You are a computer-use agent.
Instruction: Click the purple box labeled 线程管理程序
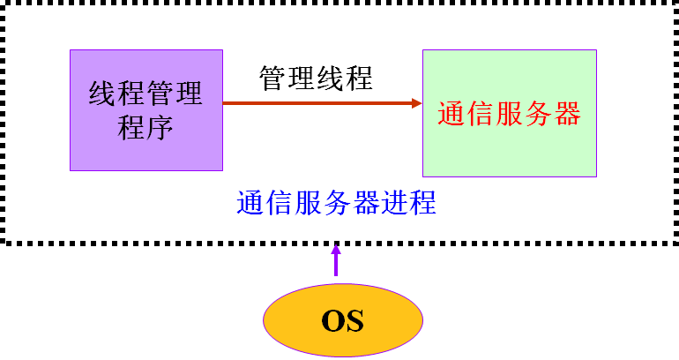(146, 110)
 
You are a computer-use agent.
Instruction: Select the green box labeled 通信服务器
(509, 113)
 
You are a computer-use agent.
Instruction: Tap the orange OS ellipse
(342, 319)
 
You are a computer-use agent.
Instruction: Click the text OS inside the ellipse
(342, 319)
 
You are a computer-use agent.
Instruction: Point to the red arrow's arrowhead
(417, 103)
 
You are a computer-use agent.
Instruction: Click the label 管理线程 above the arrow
(316, 79)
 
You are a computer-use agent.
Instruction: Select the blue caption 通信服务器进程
(337, 203)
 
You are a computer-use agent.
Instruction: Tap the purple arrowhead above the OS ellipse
(336, 251)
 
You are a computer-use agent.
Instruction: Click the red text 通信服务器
(509, 114)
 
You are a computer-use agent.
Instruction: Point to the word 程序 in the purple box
(146, 129)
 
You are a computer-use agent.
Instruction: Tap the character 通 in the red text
(451, 114)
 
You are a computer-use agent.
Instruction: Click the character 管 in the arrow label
(273, 79)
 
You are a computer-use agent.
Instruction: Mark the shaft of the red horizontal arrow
(317, 103)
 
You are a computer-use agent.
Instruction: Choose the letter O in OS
(332, 319)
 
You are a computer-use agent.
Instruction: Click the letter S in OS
(354, 319)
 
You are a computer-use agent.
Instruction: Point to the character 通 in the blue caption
(250, 203)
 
